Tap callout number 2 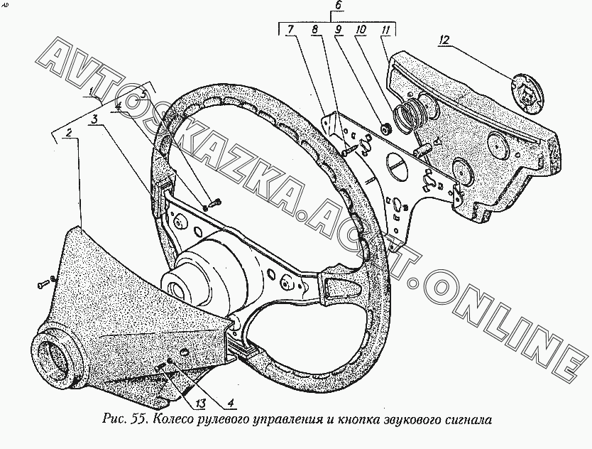(x=68, y=133)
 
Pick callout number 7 (x=290, y=30)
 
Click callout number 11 (x=384, y=30)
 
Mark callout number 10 (x=361, y=30)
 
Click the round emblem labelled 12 (x=528, y=90)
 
